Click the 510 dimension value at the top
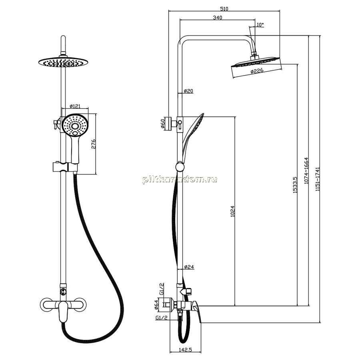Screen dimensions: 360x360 224,9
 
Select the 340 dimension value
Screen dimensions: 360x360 218,18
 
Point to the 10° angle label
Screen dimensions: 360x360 260,24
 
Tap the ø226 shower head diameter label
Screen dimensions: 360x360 257,71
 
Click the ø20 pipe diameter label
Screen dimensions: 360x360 188,91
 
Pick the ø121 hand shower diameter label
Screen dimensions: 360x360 75,106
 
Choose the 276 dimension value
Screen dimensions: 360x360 94,144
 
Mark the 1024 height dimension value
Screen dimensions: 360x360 233,212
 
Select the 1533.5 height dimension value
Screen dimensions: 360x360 295,185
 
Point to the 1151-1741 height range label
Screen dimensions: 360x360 318,179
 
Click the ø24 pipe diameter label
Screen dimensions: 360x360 189,267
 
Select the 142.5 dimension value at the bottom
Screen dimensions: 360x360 185,350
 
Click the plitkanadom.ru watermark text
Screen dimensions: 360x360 180,180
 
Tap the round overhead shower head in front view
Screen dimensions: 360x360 63,62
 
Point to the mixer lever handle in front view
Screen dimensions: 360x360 63,312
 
